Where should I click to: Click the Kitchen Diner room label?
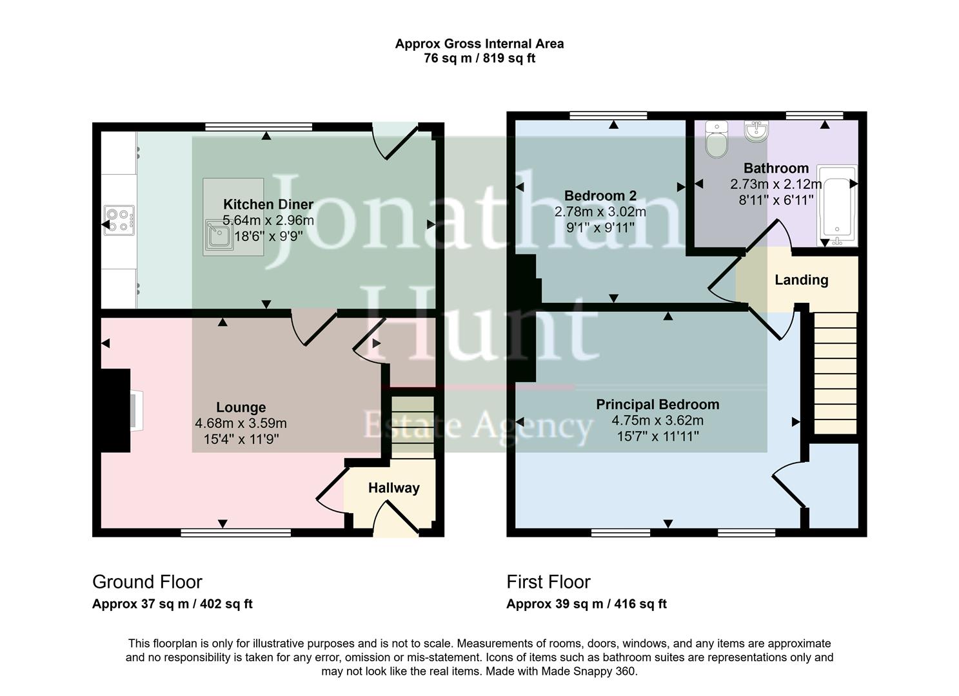(x=268, y=204)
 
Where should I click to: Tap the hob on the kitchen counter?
(x=119, y=220)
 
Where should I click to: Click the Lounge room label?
(x=241, y=407)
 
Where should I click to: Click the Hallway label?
(x=393, y=488)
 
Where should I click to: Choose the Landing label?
(x=801, y=280)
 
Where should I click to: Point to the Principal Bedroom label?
(x=657, y=405)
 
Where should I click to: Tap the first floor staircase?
(x=835, y=373)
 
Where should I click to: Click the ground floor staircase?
(x=413, y=427)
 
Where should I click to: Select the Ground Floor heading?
(x=147, y=582)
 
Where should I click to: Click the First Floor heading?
(x=548, y=582)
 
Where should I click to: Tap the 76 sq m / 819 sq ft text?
(x=479, y=59)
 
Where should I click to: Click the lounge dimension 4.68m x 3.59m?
(x=241, y=423)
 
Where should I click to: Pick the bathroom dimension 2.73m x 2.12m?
(x=775, y=184)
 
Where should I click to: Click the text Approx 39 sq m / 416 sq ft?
(x=586, y=604)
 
